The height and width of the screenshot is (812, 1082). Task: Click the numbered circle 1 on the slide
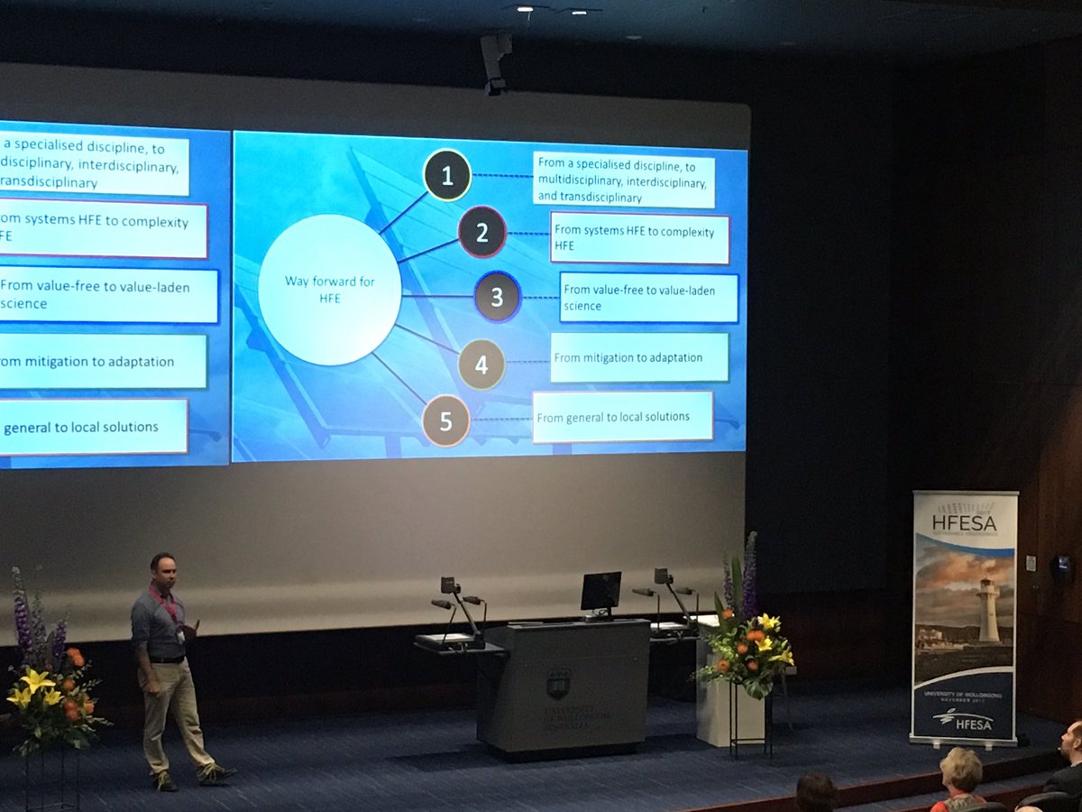coord(447,175)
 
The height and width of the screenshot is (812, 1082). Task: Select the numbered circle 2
coord(481,232)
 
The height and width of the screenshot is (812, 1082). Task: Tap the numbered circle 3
coord(497,297)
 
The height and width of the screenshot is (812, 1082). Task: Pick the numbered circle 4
coord(481,364)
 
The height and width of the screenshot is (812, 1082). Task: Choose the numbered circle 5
coord(445,420)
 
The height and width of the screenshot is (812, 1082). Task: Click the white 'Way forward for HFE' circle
coord(330,290)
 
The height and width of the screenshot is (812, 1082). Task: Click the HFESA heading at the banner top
coord(964,521)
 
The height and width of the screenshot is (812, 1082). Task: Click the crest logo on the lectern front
coord(558,683)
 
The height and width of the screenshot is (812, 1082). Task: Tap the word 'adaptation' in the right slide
coord(668,357)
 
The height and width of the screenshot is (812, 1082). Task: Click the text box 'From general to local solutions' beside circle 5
coord(622,417)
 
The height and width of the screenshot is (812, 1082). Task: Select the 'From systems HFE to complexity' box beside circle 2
coord(639,238)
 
